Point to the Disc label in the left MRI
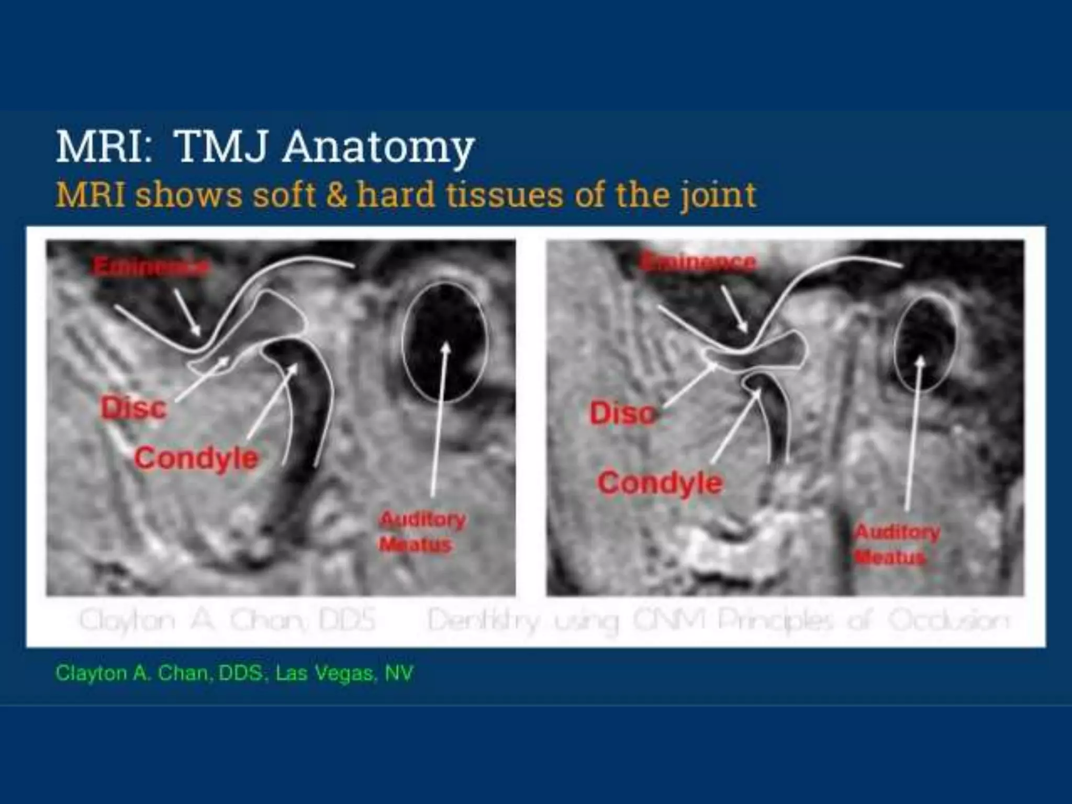click(x=134, y=408)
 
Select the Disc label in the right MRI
click(x=622, y=414)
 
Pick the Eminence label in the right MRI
click(x=699, y=261)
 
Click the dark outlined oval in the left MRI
click(x=444, y=342)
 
